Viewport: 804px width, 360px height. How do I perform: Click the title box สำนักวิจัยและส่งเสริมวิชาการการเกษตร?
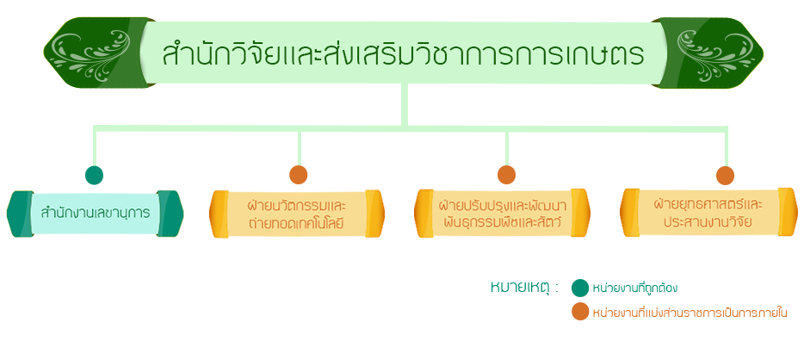403,53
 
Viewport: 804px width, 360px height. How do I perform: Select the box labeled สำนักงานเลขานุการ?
95,212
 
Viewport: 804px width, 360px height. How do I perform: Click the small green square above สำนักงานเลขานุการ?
94,175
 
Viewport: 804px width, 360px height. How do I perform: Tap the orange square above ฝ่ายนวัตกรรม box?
299,175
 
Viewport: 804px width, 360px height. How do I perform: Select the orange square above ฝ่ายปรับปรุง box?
506,175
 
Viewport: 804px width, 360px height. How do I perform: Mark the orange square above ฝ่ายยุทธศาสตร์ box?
725,175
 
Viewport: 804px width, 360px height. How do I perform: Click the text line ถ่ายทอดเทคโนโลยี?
297,223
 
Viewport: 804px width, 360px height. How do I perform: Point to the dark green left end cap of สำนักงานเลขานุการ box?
19,212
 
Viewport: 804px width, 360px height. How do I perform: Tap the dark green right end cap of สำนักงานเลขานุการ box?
171,212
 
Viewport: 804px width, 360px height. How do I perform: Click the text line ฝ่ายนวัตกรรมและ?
297,205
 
